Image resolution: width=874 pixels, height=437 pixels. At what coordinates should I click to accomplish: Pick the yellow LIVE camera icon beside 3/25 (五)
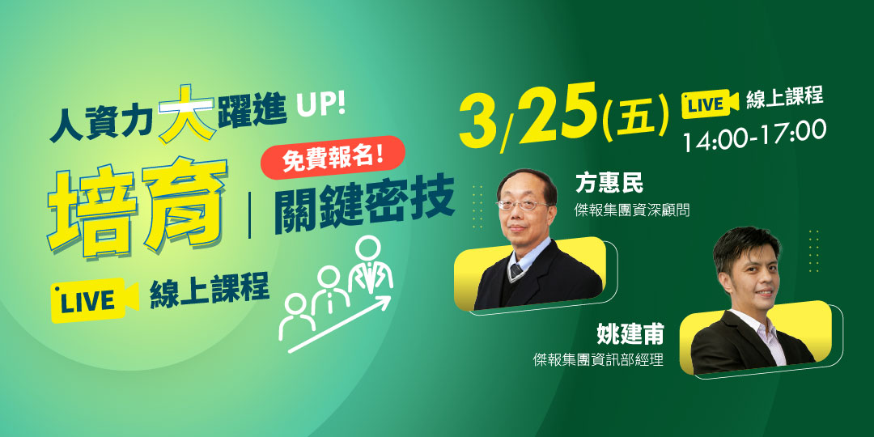click(x=711, y=104)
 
